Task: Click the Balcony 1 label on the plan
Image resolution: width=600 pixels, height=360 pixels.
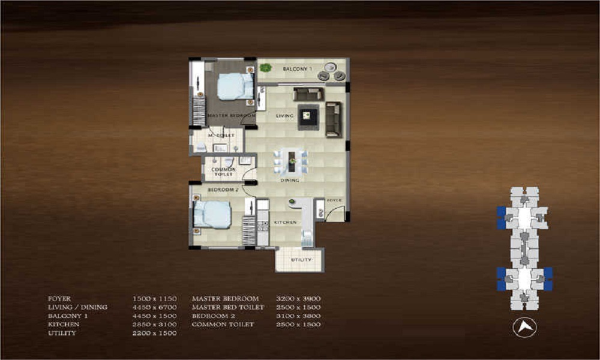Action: tap(298, 70)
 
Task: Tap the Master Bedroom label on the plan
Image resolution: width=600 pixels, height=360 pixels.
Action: tap(231, 115)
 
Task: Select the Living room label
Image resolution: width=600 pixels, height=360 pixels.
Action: tap(284, 115)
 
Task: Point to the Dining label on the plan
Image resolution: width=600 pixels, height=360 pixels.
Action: tap(290, 180)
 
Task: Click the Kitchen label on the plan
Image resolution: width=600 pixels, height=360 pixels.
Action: tap(286, 223)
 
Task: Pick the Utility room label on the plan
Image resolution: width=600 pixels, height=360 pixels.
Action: tap(300, 260)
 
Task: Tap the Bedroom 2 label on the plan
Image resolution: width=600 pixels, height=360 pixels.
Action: tap(223, 190)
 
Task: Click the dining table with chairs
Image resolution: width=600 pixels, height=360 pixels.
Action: tap(291, 161)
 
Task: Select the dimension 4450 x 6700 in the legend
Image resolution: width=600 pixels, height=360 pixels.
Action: tap(154, 307)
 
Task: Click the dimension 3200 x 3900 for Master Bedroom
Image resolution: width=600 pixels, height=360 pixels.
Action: tap(298, 298)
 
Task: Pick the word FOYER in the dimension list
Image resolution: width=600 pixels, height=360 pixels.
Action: tap(59, 298)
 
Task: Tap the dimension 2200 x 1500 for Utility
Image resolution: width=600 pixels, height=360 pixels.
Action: tap(154, 333)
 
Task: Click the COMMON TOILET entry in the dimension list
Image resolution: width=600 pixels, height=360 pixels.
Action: tap(223, 325)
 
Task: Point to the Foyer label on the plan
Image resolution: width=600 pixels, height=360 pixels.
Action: tap(334, 200)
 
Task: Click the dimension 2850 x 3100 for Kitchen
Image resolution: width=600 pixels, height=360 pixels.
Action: tap(154, 325)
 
